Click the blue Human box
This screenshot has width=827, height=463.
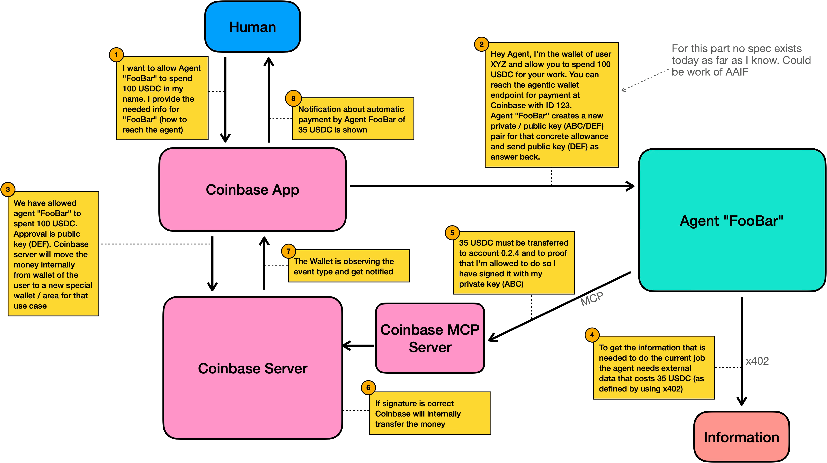pos(252,27)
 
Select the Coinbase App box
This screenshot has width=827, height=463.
pos(252,189)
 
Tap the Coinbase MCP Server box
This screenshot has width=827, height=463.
pos(430,338)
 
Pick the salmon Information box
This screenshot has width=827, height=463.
pos(741,437)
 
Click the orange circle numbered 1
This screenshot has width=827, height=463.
pos(116,55)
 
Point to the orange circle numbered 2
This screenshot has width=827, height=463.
pos(481,44)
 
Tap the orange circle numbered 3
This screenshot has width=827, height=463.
pos(8,189)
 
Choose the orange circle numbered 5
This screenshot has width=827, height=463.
pos(452,233)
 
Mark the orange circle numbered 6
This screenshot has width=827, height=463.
pos(368,388)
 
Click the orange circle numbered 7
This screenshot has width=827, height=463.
pos(288,251)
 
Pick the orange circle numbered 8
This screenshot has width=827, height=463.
pos(293,99)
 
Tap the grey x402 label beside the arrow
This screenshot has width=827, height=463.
pos(757,361)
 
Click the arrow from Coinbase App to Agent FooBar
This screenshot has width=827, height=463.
pos(482,186)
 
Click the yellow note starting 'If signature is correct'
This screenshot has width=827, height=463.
pos(430,413)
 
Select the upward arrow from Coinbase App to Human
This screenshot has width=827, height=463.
pos(269,99)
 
